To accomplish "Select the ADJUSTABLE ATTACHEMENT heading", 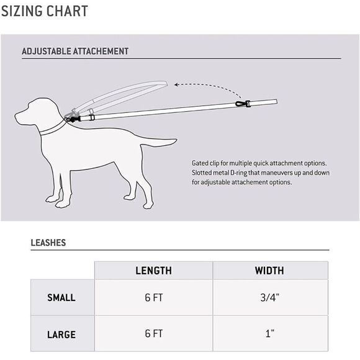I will coord(75,52).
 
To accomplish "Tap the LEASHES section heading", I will coord(48,243).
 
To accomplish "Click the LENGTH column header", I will coord(153,271).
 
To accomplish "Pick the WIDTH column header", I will coord(269,271).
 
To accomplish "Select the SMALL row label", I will coord(61,298).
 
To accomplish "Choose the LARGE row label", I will coord(61,335).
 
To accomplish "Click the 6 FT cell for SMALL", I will coord(153,298).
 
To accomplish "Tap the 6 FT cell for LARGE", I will coord(153,335).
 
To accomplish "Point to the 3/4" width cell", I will coord(269,298).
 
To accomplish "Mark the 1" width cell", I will coord(269,335).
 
